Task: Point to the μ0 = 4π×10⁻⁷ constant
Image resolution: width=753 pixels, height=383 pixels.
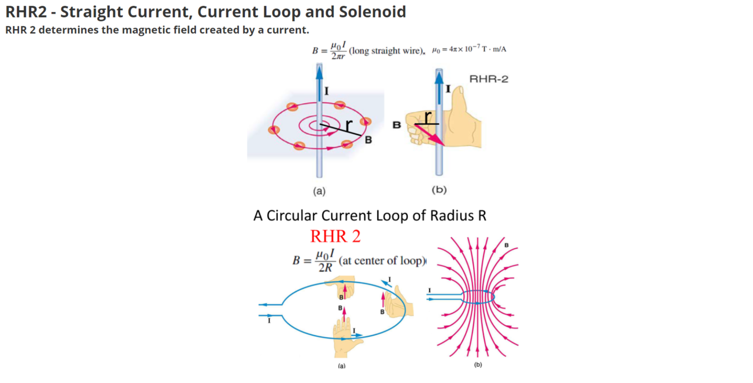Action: pyautogui.click(x=469, y=49)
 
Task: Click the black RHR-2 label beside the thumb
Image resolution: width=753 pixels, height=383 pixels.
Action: pyautogui.click(x=489, y=79)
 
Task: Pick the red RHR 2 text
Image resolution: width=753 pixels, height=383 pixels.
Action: pyautogui.click(x=335, y=236)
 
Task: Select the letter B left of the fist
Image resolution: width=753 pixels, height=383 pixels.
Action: pyautogui.click(x=397, y=125)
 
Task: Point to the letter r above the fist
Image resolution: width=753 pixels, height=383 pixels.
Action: pyautogui.click(x=428, y=116)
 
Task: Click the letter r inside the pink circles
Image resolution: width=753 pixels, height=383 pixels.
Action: pyautogui.click(x=348, y=125)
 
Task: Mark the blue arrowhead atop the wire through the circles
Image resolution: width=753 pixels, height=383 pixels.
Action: pyautogui.click(x=320, y=71)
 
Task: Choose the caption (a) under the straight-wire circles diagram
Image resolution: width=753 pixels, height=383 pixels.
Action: pyautogui.click(x=319, y=191)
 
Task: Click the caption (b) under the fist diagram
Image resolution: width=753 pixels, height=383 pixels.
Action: pyautogui.click(x=439, y=190)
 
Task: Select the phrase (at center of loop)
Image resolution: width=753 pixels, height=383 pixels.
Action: pyautogui.click(x=382, y=261)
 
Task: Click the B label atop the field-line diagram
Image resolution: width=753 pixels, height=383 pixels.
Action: pyautogui.click(x=507, y=245)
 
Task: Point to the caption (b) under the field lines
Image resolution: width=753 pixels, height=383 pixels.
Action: pyautogui.click(x=478, y=365)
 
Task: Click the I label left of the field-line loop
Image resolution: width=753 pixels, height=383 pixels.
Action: pyautogui.click(x=429, y=290)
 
